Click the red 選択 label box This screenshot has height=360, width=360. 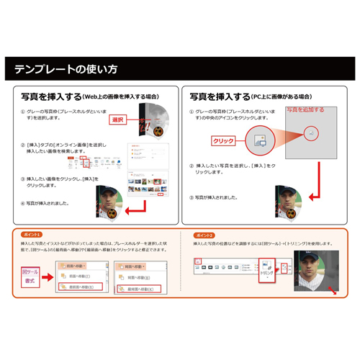[119, 120]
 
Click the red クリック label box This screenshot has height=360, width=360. [224, 141]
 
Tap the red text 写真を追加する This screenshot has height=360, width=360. [305, 110]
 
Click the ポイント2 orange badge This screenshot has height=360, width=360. [199, 235]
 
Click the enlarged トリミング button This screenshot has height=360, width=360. [265, 274]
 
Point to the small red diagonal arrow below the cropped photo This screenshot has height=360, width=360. [333, 292]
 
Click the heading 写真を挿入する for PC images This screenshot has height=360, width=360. [220, 96]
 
